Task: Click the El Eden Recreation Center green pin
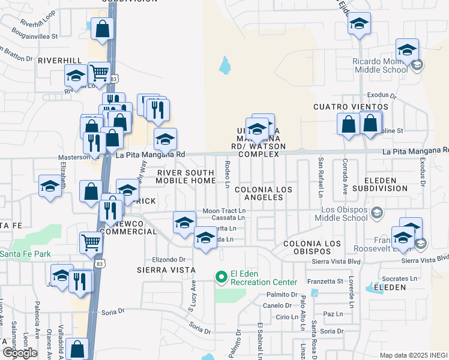[x=221, y=277]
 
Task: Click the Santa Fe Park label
[x=25, y=254]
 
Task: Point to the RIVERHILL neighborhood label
[x=59, y=61]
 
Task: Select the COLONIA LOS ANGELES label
[x=259, y=193]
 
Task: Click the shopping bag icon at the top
[x=103, y=29]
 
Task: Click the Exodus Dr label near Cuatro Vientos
[x=382, y=95]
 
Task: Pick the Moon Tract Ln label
[x=224, y=211]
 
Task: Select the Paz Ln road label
[x=333, y=314]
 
